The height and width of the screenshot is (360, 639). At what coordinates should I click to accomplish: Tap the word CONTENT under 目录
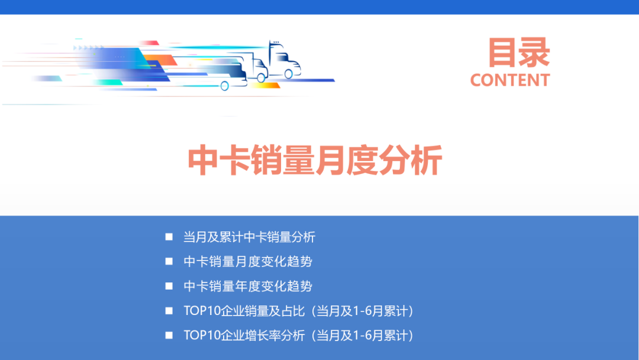510,80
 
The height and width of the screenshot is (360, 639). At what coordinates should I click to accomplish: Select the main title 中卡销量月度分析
315,160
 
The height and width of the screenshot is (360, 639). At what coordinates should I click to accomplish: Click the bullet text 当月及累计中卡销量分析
249,237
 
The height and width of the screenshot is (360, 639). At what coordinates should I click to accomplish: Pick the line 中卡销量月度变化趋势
248,262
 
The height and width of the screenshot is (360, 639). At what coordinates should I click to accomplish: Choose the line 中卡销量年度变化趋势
248,287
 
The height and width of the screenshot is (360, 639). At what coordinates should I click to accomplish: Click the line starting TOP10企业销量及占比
298,311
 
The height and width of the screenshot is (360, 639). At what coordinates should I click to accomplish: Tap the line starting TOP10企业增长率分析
298,336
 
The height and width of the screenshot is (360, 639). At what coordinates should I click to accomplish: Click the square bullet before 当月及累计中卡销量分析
169,237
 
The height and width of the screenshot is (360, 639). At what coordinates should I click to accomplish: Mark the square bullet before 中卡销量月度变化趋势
169,262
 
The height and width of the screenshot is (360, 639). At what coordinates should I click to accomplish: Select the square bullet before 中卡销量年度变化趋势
169,287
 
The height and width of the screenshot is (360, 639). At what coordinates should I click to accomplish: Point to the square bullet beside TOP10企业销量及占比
169,311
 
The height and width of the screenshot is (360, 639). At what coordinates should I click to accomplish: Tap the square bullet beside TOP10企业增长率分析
169,336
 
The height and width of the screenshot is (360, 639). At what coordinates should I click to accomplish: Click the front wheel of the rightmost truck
289,74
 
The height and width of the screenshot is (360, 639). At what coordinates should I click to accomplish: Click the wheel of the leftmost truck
225,86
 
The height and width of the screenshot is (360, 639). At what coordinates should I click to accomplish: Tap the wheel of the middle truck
261,76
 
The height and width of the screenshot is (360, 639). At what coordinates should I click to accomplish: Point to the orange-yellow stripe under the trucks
264,85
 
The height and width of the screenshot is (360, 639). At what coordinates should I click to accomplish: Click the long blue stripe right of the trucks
314,80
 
